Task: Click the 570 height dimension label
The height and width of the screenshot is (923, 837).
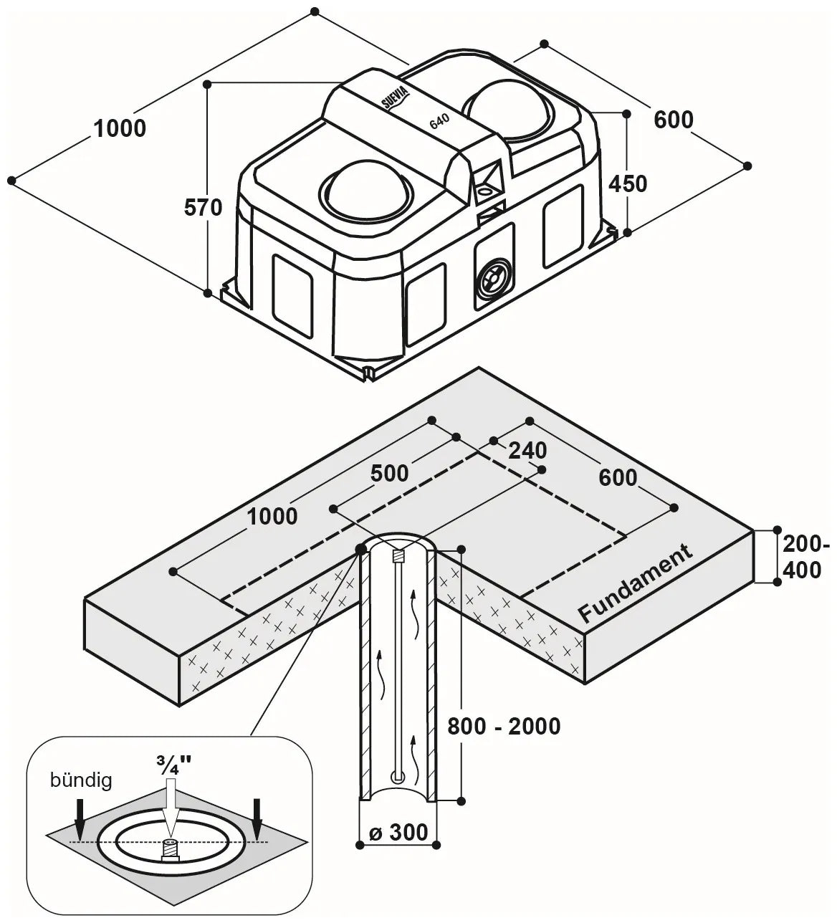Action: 203,208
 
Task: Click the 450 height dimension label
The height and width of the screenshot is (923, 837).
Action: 628,184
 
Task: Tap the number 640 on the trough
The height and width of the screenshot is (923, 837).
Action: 439,121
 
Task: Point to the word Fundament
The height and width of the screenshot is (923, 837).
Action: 636,583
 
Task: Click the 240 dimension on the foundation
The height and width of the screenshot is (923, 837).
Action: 527,451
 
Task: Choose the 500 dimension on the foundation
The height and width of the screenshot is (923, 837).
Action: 389,474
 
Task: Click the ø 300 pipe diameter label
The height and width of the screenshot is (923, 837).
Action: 398,832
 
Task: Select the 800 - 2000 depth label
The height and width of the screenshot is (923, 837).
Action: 504,727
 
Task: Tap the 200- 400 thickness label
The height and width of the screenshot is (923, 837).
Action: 805,558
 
